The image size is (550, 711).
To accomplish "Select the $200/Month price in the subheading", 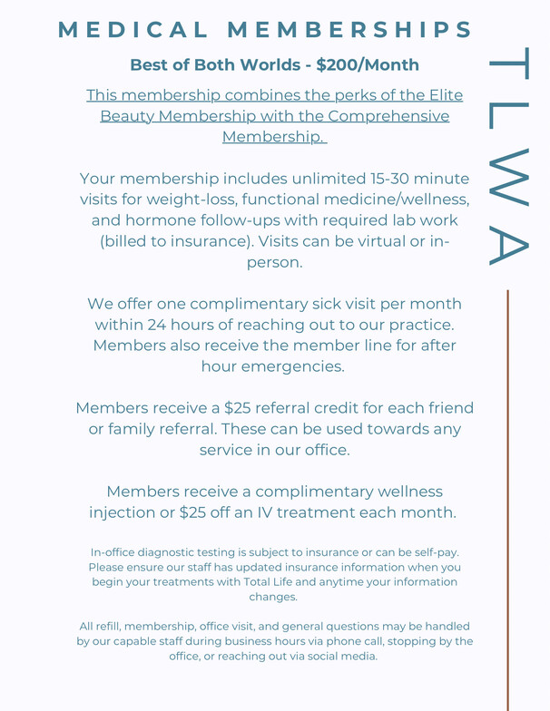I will tap(368, 65).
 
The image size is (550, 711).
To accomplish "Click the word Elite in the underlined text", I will tap(444, 95).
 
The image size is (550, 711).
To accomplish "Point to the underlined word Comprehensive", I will tap(388, 116).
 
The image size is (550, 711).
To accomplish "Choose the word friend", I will tap(448, 408).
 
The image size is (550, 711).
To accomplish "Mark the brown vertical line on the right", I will tap(507, 499).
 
